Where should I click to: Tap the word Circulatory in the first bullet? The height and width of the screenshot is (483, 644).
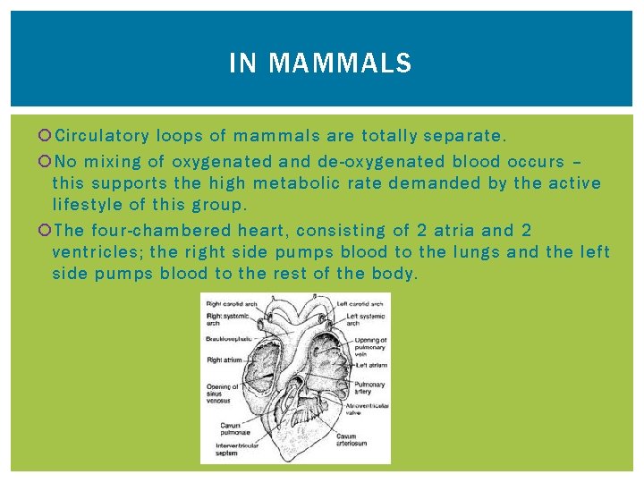point(101,137)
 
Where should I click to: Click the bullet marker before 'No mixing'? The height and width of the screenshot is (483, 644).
point(46,162)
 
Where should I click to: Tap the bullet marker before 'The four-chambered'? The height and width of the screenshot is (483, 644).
point(46,230)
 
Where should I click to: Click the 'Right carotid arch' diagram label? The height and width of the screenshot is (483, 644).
point(231,304)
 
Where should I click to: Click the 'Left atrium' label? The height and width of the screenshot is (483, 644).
point(370,365)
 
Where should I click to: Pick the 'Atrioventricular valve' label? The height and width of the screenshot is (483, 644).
point(374,410)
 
